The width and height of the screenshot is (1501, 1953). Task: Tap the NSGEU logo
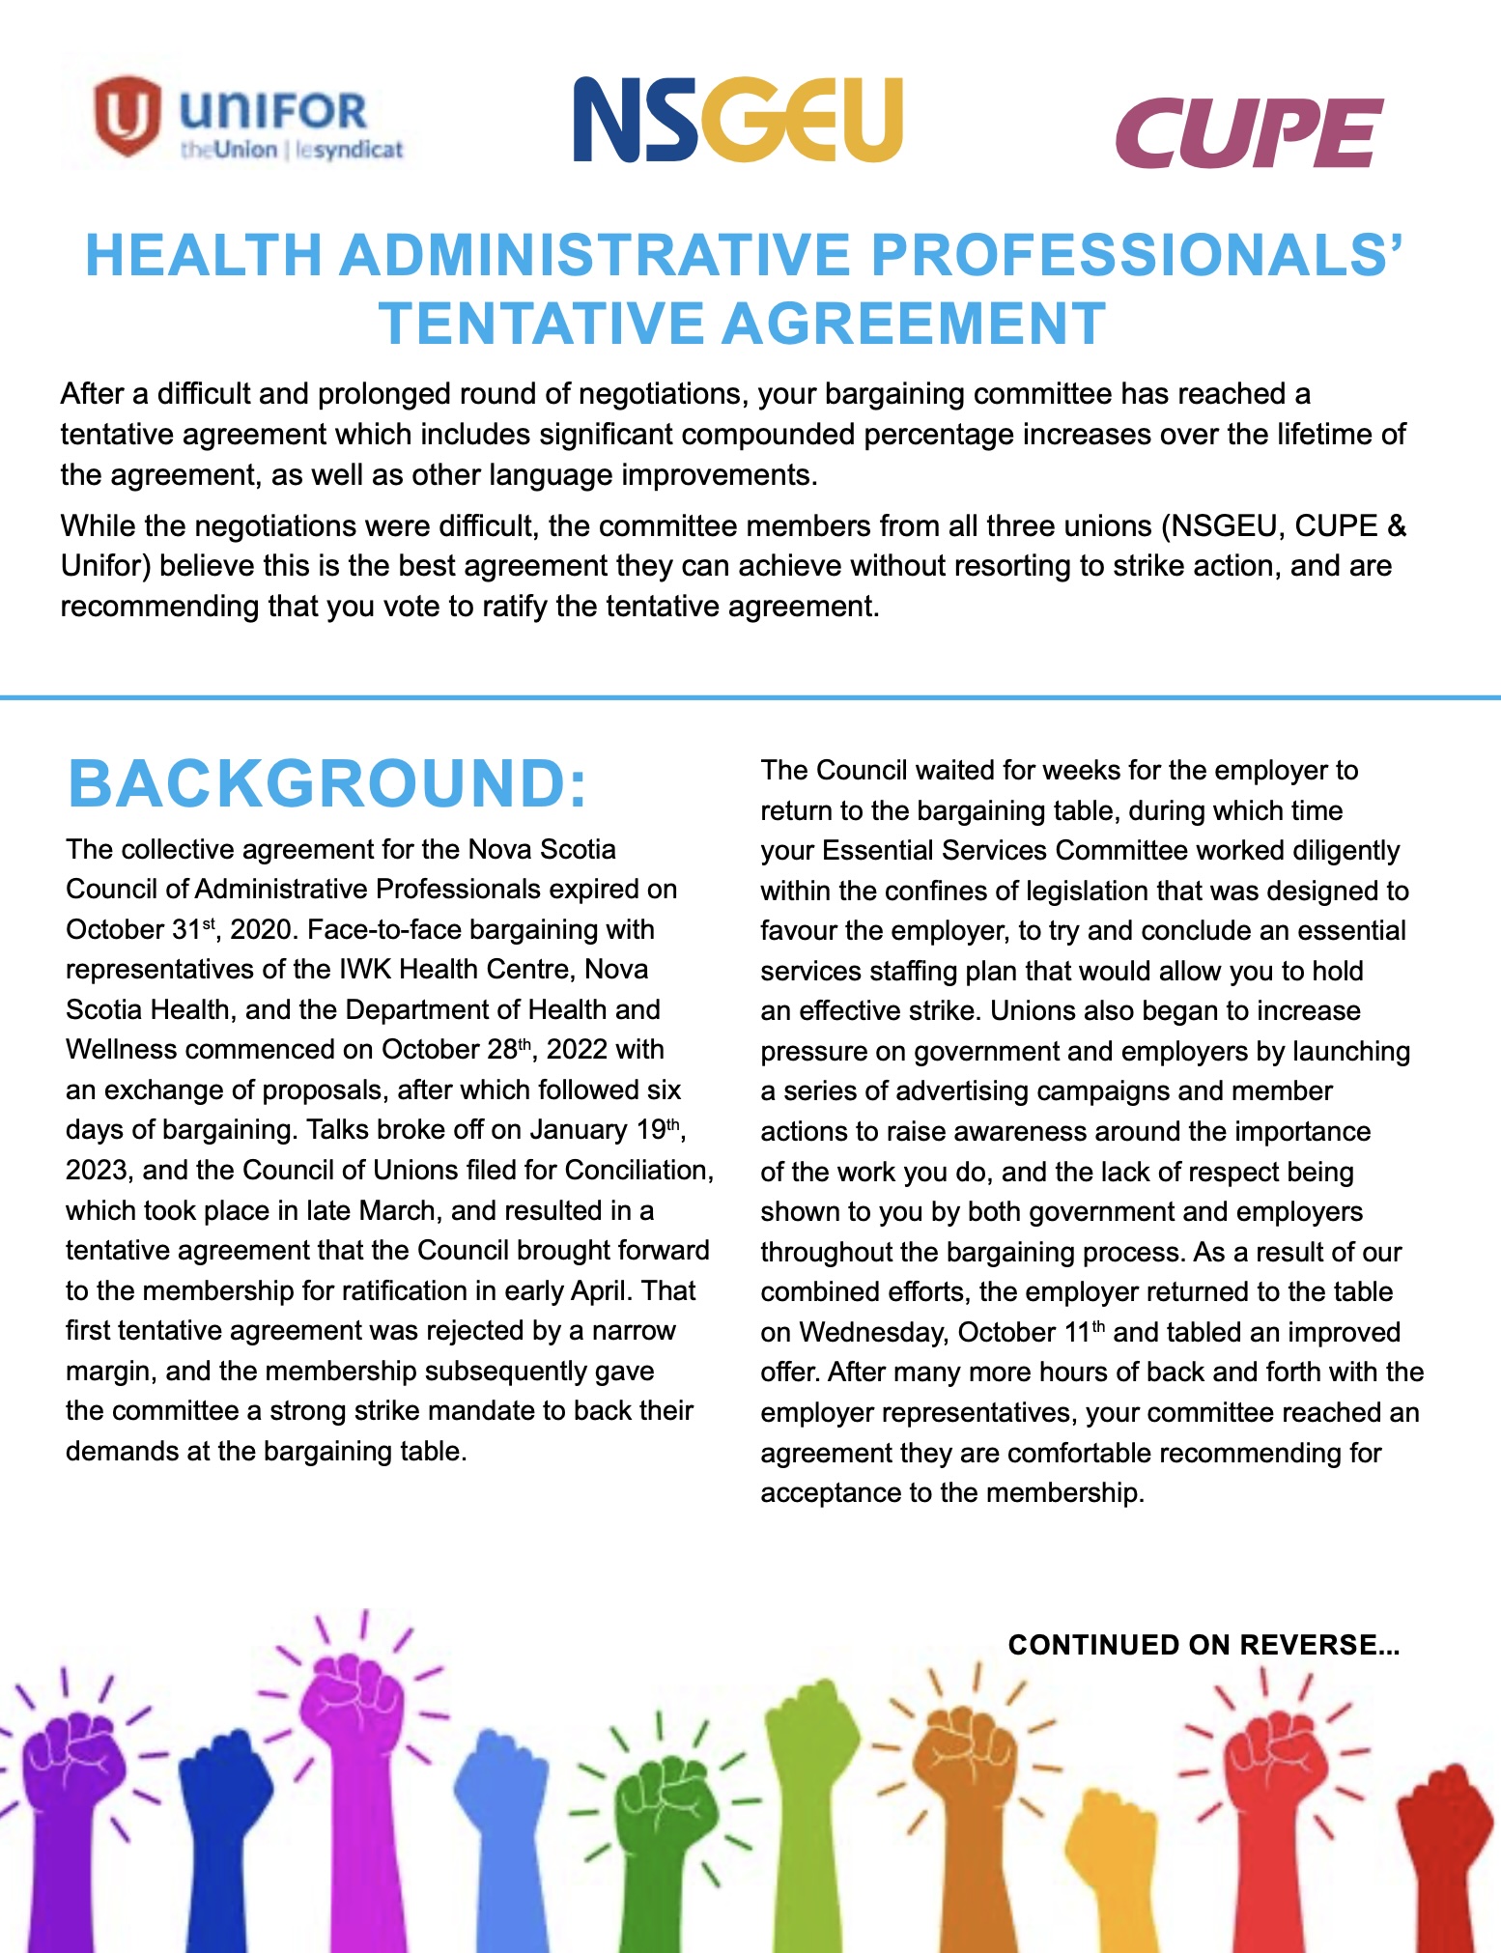pyautogui.click(x=737, y=121)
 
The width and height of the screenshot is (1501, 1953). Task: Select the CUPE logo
pyautogui.click(x=1248, y=132)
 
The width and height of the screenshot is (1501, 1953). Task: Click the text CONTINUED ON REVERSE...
pyautogui.click(x=1203, y=1645)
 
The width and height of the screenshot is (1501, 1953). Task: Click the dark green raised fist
pyautogui.click(x=668, y=1806)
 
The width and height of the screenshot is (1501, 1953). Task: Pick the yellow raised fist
pyautogui.click(x=1111, y=1835)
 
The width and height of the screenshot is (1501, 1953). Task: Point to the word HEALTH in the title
pyautogui.click(x=203, y=256)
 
